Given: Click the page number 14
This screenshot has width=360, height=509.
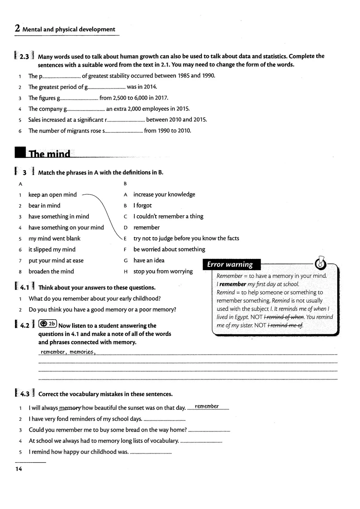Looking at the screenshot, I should click(19, 469).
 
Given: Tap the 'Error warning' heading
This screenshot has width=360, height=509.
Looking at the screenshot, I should click(230, 264).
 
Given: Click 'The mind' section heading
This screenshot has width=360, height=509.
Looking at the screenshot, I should click(49, 154).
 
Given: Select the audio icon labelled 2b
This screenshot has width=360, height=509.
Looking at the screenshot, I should click(47, 324).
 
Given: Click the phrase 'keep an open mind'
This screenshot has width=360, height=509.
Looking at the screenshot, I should click(53, 195).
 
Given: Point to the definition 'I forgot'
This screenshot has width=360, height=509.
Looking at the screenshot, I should click(142, 206).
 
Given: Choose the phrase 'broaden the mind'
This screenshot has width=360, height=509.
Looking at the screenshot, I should click(51, 271).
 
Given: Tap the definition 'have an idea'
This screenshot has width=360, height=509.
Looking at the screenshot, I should click(149, 260).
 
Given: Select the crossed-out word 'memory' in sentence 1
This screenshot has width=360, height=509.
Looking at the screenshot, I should click(70, 408).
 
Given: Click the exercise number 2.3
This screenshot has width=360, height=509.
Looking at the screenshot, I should click(24, 57).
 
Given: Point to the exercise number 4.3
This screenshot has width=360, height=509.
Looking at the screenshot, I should click(25, 394).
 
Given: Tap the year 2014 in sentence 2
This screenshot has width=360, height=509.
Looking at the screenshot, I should click(150, 87).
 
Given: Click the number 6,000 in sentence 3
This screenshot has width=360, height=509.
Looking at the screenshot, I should click(141, 98).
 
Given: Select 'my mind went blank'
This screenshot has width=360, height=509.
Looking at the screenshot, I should click(54, 238).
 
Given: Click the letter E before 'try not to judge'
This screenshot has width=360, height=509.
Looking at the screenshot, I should click(125, 239).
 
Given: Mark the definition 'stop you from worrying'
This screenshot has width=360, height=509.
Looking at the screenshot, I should click(163, 271).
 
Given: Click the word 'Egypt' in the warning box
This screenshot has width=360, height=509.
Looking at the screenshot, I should click(241, 317).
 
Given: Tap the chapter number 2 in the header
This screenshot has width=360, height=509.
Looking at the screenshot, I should click(17, 29).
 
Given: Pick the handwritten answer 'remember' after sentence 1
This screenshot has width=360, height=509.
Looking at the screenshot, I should click(207, 406).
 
